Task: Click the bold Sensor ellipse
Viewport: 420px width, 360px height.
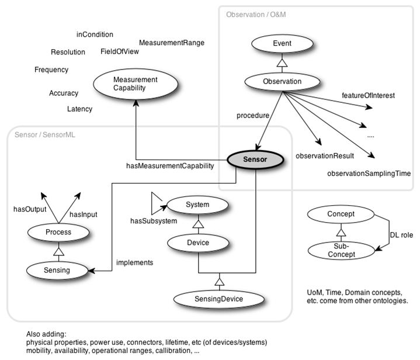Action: [x=254, y=158]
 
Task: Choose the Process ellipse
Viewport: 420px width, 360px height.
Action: [x=58, y=232]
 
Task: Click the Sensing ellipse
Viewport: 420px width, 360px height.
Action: [x=58, y=269]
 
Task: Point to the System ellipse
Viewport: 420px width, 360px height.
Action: [x=197, y=205]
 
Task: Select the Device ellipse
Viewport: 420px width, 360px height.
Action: [x=197, y=242]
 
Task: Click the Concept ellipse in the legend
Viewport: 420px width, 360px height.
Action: [x=341, y=214]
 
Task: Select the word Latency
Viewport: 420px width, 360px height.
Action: [x=79, y=109]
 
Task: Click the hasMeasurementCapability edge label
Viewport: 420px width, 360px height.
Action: [x=170, y=167]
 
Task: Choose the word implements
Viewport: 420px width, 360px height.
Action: [x=134, y=262]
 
